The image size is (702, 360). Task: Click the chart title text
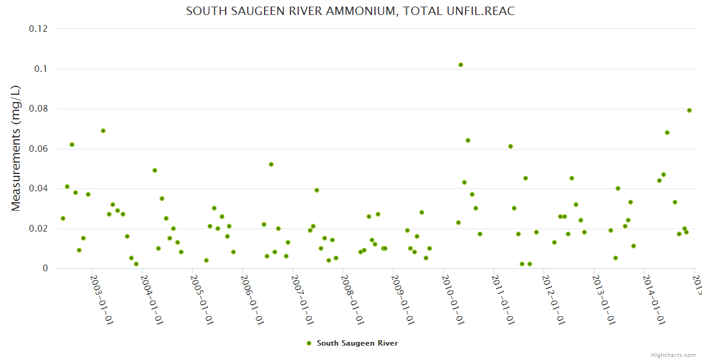(x=350, y=11)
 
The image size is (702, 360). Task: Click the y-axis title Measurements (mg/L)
(x=16, y=148)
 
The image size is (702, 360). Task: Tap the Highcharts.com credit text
(x=674, y=355)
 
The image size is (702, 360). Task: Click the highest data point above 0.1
(x=461, y=65)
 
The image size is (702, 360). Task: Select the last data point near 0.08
(x=689, y=110)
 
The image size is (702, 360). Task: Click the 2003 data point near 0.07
(x=103, y=131)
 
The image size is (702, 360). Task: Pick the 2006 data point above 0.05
(x=271, y=164)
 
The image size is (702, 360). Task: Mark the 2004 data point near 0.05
(x=155, y=170)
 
